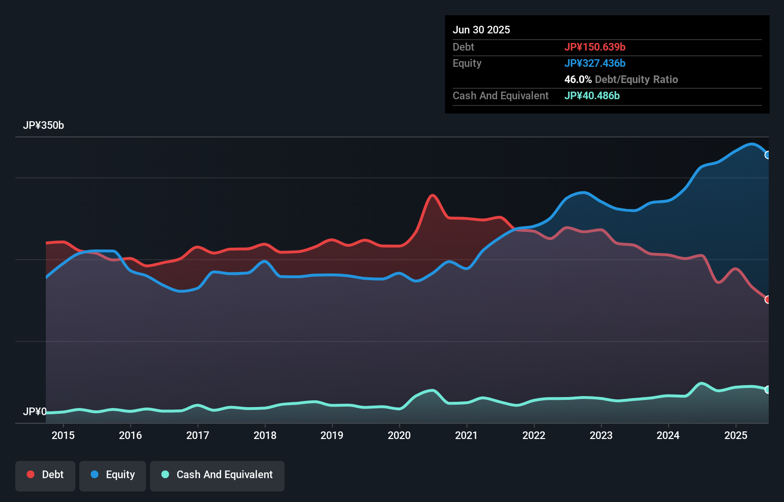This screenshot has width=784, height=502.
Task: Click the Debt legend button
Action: [x=45, y=475]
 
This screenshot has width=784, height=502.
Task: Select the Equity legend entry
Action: [x=113, y=475]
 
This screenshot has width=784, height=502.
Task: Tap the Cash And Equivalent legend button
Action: [x=217, y=475]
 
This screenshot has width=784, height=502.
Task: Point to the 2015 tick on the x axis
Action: [x=63, y=435]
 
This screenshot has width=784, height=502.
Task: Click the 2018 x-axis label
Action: [x=265, y=435]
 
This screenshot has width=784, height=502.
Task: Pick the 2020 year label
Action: [x=399, y=435]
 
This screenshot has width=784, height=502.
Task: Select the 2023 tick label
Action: [x=601, y=435]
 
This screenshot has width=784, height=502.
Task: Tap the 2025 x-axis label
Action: [x=736, y=435]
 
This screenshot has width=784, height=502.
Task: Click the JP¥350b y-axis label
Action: [x=43, y=125]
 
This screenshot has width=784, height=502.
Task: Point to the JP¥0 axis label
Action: [x=34, y=411]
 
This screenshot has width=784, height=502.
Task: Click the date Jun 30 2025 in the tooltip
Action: [x=481, y=30]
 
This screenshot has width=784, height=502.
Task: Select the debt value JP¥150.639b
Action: [x=594, y=47]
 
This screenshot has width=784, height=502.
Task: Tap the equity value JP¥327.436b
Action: [x=594, y=63]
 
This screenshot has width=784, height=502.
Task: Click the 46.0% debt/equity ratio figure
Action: [x=578, y=79]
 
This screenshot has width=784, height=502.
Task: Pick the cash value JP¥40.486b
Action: [x=592, y=95]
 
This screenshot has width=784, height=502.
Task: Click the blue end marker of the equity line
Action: [x=768, y=155]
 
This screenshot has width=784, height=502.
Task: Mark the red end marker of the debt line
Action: [x=768, y=300]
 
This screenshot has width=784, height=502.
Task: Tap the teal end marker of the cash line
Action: [x=768, y=390]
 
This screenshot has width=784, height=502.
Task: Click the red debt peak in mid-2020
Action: [x=433, y=195]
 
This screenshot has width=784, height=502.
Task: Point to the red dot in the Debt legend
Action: [x=31, y=474]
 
